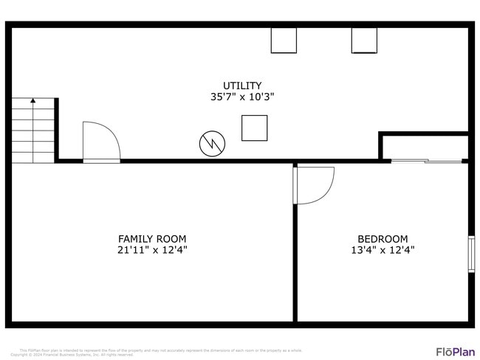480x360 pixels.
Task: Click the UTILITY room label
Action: [242, 86]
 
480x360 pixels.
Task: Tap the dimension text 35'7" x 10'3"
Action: [242, 97]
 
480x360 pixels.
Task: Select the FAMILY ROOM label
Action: [152, 239]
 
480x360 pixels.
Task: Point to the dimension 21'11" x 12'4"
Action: [152, 250]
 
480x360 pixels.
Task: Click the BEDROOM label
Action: [383, 239]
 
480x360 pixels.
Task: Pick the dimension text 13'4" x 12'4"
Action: [383, 250]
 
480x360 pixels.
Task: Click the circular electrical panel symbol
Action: [211, 143]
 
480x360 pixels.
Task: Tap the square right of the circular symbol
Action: [254, 128]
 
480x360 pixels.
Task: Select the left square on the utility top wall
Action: [284, 41]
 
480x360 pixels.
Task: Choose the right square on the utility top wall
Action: [364, 41]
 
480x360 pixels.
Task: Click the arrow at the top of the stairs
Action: [32, 101]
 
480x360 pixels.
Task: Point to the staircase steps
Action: [32, 133]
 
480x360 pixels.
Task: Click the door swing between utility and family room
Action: [100, 142]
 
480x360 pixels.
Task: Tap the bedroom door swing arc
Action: [316, 184]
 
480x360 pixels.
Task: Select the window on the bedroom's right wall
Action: [471, 254]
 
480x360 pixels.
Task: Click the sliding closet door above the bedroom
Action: [426, 160]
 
